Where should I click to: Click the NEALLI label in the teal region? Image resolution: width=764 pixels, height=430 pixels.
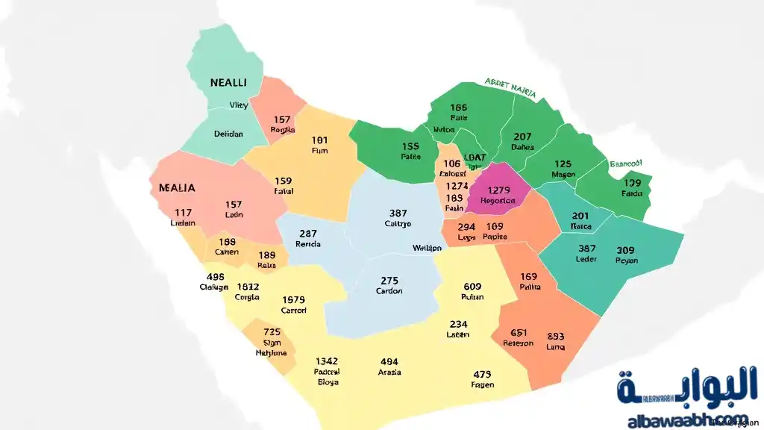(228, 82)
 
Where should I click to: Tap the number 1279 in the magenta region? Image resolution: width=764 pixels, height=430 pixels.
(498, 190)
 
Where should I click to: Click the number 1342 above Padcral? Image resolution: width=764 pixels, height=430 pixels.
(327, 361)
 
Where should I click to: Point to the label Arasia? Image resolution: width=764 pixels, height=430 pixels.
(389, 372)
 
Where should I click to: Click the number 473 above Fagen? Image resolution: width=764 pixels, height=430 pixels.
(482, 375)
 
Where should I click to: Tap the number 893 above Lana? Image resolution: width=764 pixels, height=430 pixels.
(556, 336)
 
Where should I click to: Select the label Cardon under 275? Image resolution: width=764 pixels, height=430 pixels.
(389, 291)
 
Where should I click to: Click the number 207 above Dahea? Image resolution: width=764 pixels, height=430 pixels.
(522, 137)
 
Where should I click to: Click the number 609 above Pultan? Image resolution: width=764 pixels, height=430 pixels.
(472, 286)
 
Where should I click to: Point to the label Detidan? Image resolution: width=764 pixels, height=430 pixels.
(228, 134)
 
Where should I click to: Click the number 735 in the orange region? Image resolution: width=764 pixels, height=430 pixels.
(272, 331)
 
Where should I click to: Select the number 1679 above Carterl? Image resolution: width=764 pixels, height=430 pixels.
(293, 299)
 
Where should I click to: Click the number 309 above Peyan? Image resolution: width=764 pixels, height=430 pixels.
(625, 250)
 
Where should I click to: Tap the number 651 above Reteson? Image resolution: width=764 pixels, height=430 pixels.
(519, 333)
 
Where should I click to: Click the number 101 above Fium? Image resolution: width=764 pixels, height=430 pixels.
(319, 140)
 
